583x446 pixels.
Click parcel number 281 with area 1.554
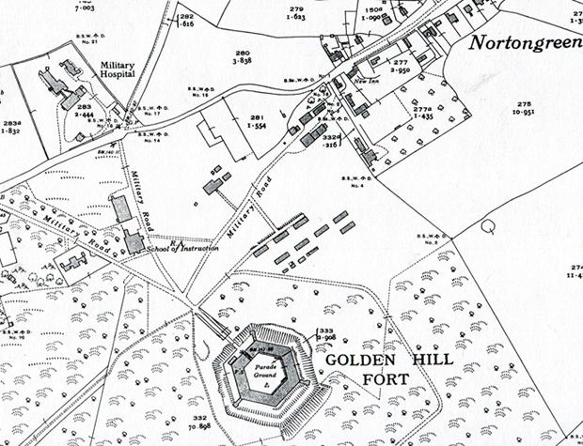(x=260, y=121)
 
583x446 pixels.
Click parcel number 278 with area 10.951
(x=524, y=106)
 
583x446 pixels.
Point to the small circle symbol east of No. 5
(x=487, y=226)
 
